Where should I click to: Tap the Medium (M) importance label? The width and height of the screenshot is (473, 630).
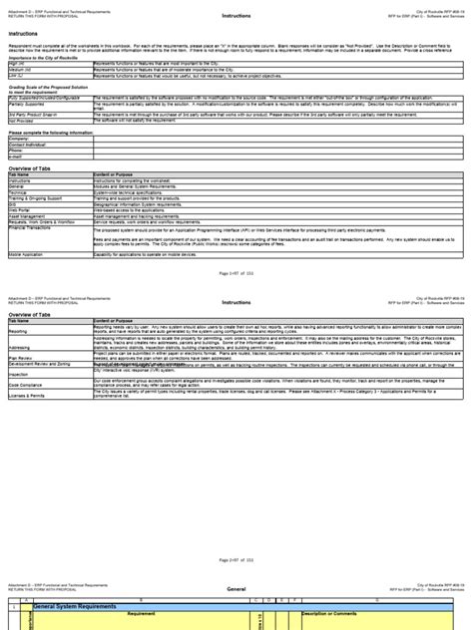[20, 69]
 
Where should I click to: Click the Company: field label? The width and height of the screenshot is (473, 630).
[19, 138]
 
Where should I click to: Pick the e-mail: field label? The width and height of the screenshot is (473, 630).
[16, 156]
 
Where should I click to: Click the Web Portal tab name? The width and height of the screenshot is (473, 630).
[20, 209]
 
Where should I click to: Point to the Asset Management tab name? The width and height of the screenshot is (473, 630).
[28, 215]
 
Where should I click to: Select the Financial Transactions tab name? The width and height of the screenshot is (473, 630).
[32, 227]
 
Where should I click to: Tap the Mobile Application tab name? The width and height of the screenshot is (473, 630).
[28, 254]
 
